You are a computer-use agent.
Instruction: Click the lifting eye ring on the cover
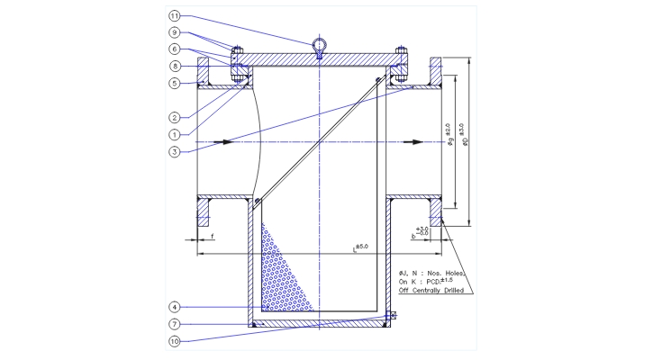(320, 45)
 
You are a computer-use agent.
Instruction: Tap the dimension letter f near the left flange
(212, 236)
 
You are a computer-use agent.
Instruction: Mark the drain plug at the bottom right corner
(390, 316)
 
